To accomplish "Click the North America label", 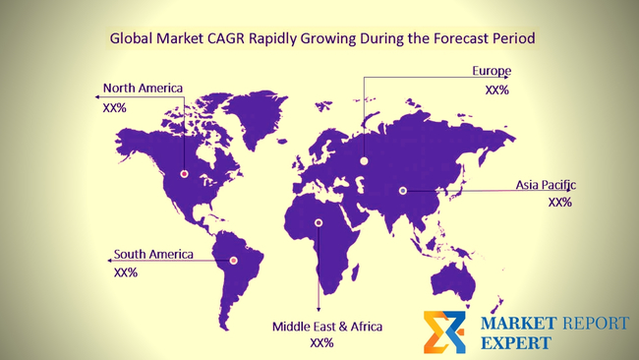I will point(143,88).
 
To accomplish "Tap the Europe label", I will point(491,71).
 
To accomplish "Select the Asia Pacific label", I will point(546,185).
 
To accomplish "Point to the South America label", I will point(153,254).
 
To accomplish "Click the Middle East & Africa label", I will point(327,326).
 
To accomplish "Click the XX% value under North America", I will point(114,107).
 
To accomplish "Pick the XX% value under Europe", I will point(496,90).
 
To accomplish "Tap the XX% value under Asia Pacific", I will point(559,203).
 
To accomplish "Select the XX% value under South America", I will point(126,272).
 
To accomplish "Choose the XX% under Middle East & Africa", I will point(321,343).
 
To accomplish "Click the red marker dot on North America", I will point(184,174).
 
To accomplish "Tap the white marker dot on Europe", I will point(364,160).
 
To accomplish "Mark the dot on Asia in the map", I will point(402,191).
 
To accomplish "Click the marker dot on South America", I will point(233,260).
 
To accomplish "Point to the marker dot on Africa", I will point(318,222).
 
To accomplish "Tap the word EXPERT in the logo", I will point(516,342).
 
